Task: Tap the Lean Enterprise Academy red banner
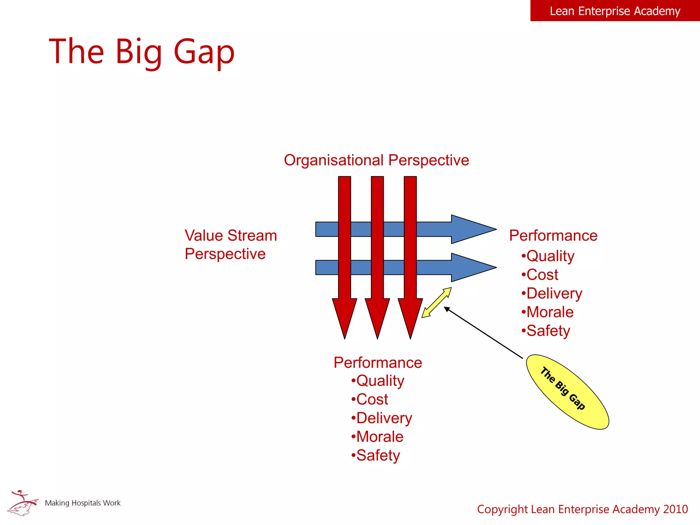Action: pos(615,11)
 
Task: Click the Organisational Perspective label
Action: pos(376,160)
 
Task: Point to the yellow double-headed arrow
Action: pos(436,302)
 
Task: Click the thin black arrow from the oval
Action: pos(484,333)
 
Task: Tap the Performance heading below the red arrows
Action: pos(378,362)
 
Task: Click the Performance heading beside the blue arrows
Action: pos(553,235)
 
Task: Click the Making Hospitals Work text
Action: pos(83,503)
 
